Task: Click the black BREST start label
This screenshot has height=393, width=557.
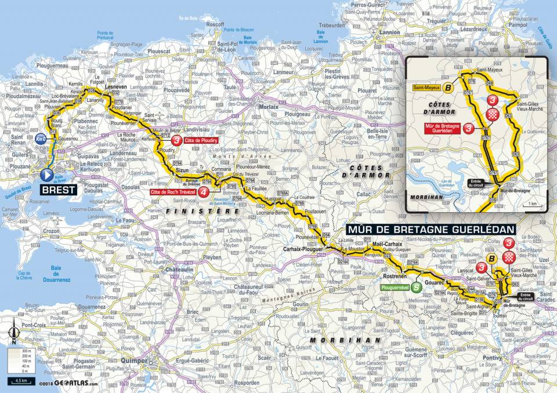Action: point(59,190)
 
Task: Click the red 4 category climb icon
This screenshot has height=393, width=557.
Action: point(204,192)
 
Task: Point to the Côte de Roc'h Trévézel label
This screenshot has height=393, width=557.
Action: point(173,192)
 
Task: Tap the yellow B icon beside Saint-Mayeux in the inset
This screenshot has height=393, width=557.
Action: point(449,88)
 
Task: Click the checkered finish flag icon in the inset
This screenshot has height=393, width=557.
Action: point(492,112)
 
